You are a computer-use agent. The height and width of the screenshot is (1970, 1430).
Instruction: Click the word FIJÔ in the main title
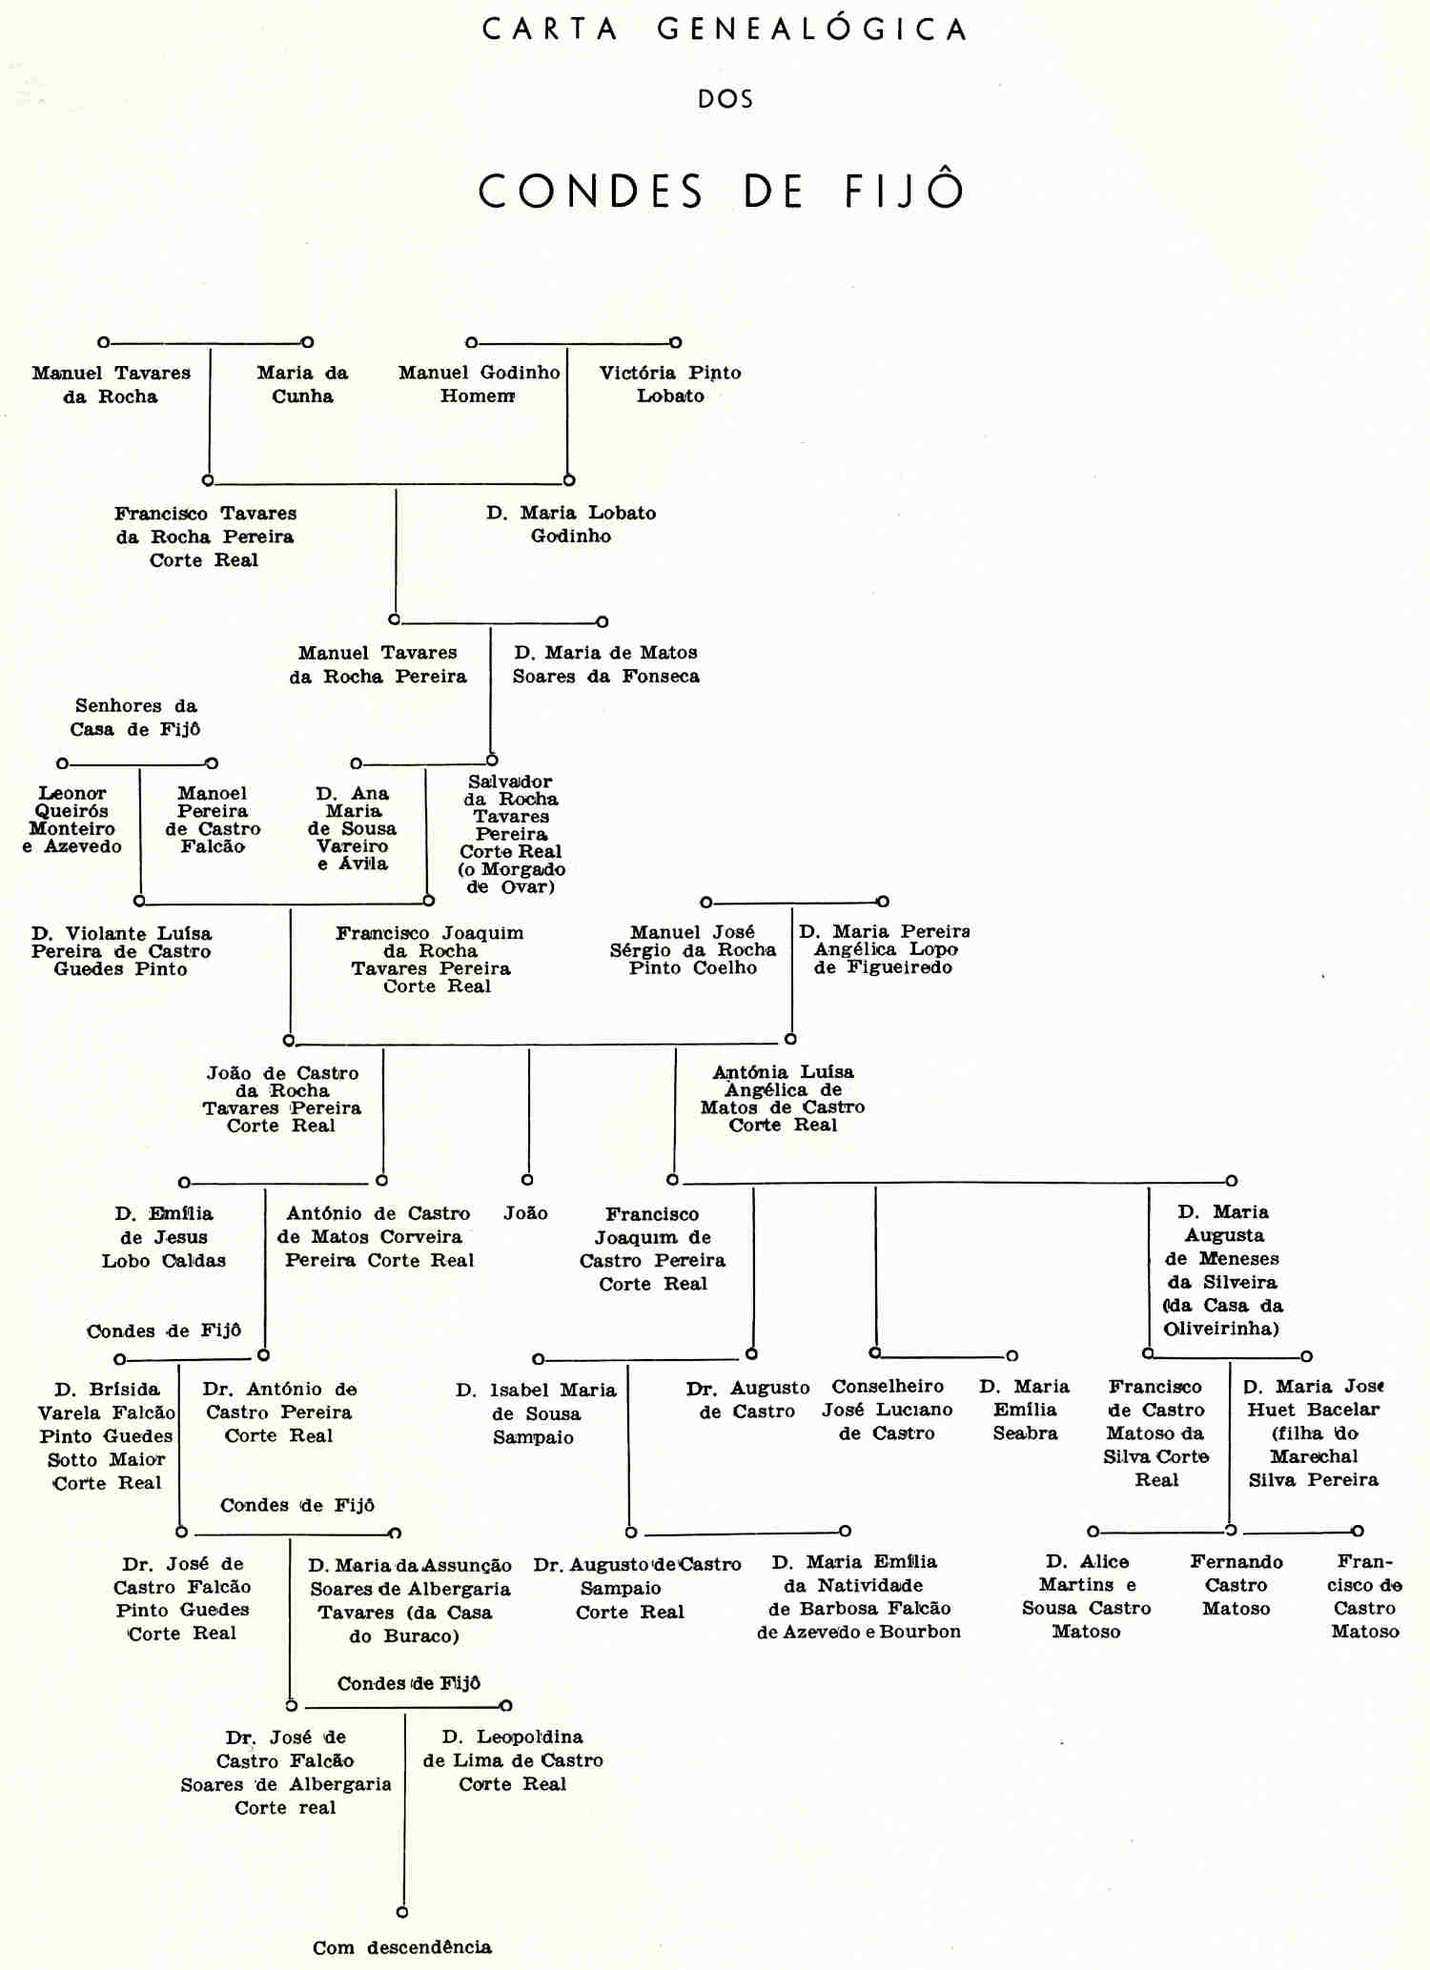tap(904, 191)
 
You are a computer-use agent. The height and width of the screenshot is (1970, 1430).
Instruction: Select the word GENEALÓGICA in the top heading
tap(811, 30)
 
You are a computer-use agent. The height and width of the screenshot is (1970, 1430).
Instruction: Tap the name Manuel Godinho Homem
tap(479, 384)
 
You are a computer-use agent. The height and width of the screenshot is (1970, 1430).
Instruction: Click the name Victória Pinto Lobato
tap(670, 384)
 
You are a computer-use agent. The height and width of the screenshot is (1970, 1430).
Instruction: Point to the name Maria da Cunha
tap(302, 384)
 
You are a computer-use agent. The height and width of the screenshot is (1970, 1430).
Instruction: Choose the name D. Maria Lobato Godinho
tap(571, 524)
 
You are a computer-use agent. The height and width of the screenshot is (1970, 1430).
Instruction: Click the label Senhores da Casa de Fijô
tap(135, 718)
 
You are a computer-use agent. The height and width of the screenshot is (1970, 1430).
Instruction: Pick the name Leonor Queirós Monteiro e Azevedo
tap(72, 820)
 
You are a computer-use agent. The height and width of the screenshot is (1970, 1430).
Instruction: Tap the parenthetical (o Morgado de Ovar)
tap(512, 878)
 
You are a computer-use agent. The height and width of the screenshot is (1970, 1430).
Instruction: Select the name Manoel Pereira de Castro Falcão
tap(213, 820)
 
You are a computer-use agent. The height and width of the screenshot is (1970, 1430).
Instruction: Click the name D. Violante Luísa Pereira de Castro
tap(121, 951)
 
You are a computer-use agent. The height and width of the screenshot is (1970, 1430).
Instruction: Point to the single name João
tap(526, 1213)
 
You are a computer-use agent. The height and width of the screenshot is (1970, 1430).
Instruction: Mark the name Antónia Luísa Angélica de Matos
tap(783, 1098)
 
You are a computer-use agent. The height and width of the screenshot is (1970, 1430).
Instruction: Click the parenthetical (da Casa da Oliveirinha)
tap(1223, 1317)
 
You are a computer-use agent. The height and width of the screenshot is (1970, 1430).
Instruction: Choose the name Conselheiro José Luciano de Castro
tap(888, 1410)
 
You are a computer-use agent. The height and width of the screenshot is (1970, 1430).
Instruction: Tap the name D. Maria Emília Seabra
tap(1025, 1410)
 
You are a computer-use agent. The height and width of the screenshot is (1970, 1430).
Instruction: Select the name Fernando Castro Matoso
tap(1236, 1585)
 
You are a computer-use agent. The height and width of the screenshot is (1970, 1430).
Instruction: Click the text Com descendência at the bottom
tap(402, 1947)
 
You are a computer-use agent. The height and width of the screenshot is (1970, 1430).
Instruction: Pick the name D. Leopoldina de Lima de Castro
tap(513, 1760)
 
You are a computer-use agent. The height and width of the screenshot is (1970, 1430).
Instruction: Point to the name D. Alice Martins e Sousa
tap(1087, 1596)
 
